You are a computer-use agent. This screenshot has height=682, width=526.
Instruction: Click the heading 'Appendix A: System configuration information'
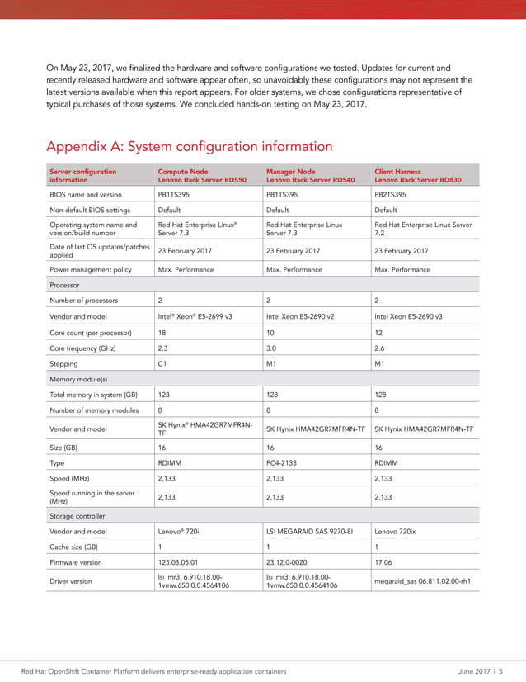[190, 147]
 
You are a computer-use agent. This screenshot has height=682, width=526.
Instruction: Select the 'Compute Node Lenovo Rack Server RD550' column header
[201, 176]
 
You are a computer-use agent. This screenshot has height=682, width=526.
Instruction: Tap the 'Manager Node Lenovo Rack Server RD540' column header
[310, 176]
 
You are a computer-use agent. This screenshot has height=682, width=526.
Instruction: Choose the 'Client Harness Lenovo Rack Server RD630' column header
[418, 176]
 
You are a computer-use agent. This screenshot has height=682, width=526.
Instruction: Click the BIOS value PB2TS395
[390, 195]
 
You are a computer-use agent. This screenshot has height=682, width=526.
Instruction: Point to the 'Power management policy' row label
[91, 270]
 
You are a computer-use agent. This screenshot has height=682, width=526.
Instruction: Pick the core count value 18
[162, 332]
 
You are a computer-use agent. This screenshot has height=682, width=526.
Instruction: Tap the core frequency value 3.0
[271, 348]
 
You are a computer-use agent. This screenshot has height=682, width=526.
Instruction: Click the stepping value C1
[162, 363]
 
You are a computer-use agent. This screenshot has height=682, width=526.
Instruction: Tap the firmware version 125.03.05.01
[177, 563]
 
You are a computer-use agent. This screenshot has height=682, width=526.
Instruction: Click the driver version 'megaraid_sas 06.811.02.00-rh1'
[422, 581]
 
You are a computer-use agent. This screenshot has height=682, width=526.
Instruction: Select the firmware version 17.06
[383, 563]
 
